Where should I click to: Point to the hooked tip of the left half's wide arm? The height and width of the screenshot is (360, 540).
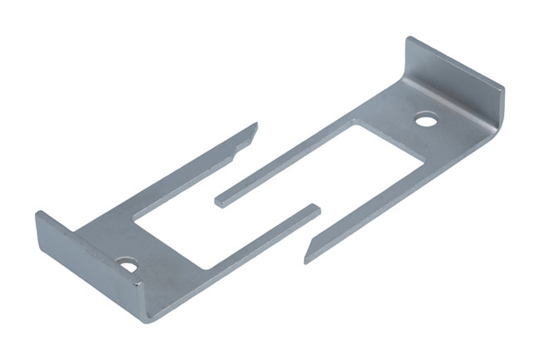point(254,127)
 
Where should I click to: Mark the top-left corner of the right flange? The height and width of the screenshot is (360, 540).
point(409,39)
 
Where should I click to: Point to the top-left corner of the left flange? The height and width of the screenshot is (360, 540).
point(37,213)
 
